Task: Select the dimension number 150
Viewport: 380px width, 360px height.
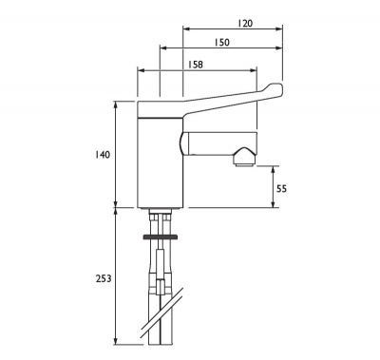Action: click(x=222, y=44)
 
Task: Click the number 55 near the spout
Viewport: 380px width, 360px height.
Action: click(x=281, y=188)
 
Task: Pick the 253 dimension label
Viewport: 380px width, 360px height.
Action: click(x=104, y=278)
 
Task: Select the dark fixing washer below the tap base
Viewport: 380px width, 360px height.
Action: click(x=158, y=234)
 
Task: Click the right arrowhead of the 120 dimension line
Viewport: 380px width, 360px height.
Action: click(x=281, y=29)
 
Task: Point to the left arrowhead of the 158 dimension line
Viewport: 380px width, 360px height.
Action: click(x=141, y=71)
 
